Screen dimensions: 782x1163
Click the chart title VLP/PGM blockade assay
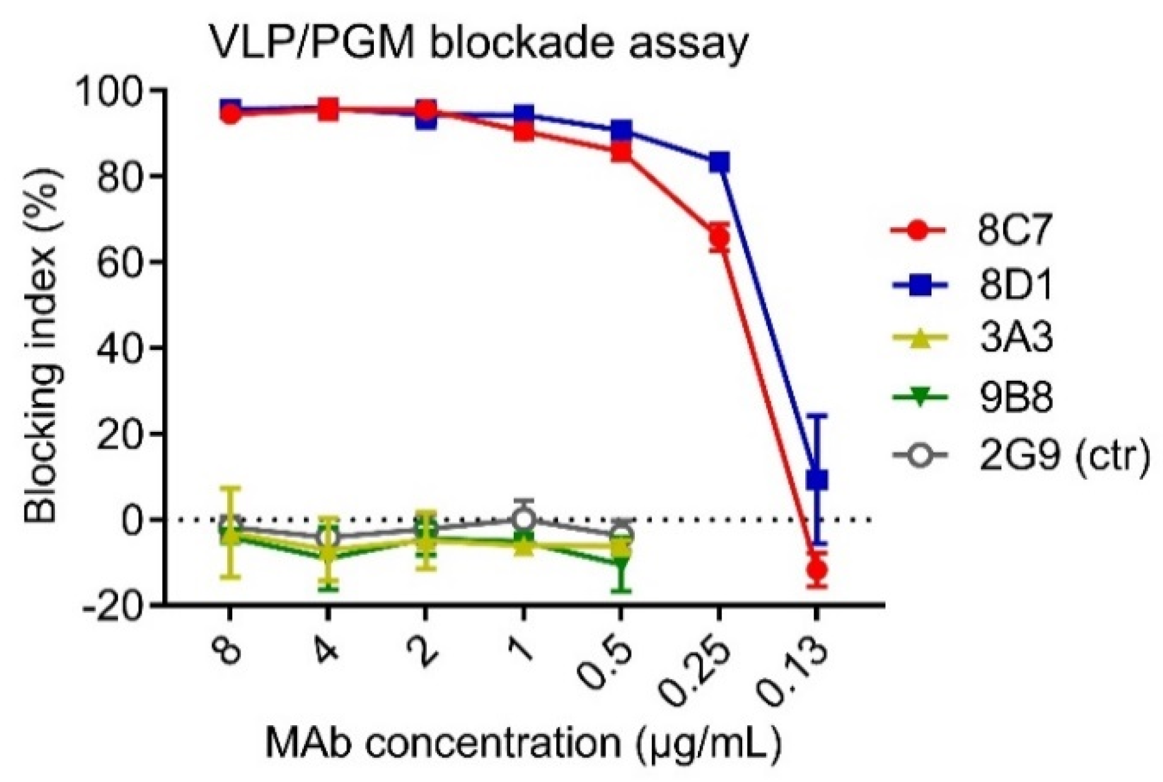478,46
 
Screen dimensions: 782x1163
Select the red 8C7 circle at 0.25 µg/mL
719,237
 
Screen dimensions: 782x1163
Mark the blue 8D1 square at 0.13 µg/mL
817,479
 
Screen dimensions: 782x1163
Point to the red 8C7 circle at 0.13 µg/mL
817,569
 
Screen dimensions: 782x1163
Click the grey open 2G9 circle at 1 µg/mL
523,519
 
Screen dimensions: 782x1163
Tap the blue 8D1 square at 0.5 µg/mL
621,131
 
